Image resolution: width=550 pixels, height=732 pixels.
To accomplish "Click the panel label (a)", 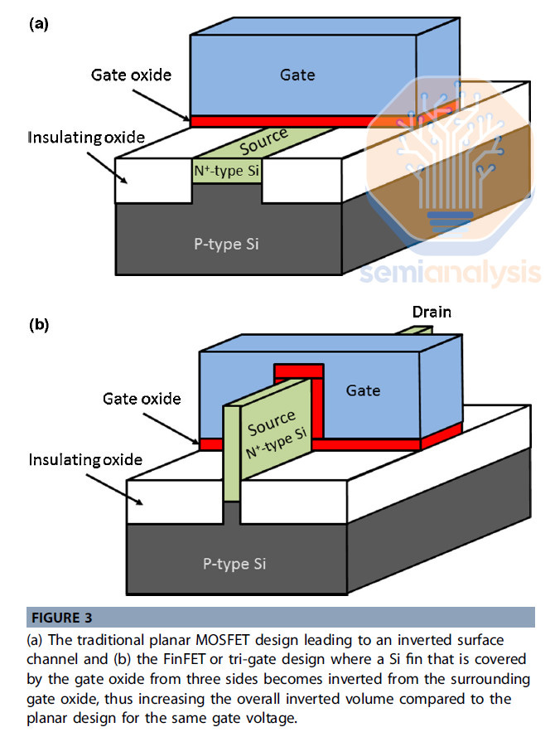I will click(39, 24).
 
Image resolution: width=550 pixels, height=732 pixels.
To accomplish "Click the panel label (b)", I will click(39, 325).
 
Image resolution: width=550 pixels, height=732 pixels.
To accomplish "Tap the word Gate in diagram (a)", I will click(298, 75).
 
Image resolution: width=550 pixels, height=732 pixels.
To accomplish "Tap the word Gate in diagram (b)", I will click(364, 390).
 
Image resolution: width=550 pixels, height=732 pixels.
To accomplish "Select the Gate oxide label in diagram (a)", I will click(131, 75).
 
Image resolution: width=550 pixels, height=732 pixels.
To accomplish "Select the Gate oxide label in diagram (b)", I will click(142, 399).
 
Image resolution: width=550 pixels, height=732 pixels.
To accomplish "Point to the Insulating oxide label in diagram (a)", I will click(85, 136).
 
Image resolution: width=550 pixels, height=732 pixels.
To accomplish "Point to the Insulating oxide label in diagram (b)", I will click(85, 459).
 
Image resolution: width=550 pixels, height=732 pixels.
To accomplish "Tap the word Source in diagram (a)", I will click(263, 142).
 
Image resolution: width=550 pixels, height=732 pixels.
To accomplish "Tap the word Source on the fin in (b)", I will click(271, 422).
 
